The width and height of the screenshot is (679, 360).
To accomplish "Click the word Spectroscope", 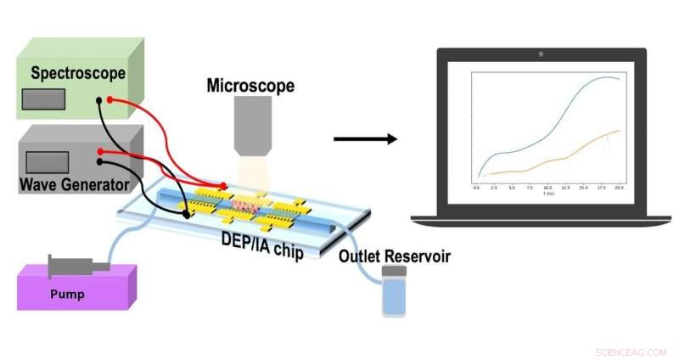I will pyautogui.click(x=78, y=73).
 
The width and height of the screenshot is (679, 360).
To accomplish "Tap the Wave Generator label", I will pyautogui.click(x=74, y=183).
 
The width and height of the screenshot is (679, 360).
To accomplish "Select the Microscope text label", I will pyautogui.click(x=250, y=86).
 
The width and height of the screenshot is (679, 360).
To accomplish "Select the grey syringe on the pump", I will pyautogui.click(x=79, y=265).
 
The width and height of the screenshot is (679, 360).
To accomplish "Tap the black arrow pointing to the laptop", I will pyautogui.click(x=365, y=138).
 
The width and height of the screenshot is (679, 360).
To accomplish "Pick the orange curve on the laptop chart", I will pyautogui.click(x=560, y=156).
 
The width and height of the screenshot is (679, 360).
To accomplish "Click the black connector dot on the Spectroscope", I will pyautogui.click(x=100, y=100).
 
